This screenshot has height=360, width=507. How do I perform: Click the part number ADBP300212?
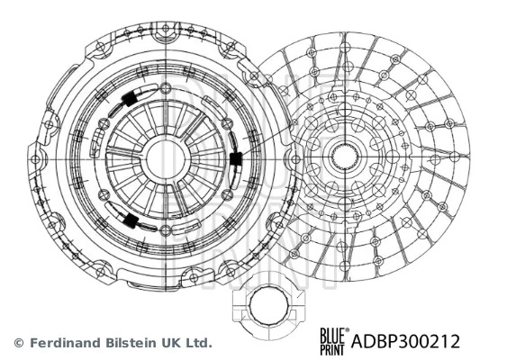405,341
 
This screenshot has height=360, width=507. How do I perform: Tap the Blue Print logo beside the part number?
334,341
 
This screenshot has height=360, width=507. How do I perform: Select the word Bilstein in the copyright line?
129,343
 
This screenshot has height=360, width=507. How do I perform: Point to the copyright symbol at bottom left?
19,343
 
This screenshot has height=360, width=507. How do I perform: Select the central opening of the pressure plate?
165,159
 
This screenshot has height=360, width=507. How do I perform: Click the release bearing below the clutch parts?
268,306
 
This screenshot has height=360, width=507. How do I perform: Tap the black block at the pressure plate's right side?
236,159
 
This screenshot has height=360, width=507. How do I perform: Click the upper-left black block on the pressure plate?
130,98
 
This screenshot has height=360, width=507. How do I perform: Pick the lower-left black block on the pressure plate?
131,220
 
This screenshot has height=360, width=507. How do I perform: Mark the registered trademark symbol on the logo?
348,330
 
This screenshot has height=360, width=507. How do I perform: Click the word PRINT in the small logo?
332,349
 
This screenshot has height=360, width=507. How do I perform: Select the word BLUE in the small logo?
332,335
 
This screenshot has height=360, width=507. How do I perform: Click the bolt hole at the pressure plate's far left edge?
35,159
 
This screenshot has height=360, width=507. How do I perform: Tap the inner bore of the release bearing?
268,305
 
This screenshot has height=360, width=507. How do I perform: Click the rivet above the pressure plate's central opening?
165,87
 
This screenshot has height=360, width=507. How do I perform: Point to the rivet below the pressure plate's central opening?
165,230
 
